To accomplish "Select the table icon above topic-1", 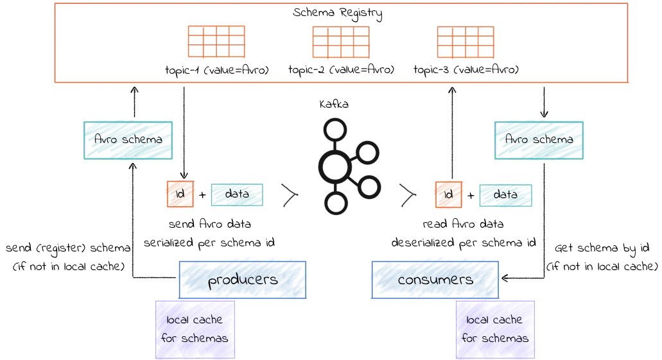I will [x=216, y=42].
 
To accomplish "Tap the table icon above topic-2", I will [x=341, y=42].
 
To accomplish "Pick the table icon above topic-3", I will [x=466, y=42].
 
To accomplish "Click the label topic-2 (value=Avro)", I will [x=341, y=69].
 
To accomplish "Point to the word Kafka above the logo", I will [x=334, y=104].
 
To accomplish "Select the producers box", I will [x=242, y=280].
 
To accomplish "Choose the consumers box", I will [x=435, y=280].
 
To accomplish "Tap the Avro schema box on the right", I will [x=539, y=140].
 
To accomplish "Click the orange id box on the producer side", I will [x=180, y=194].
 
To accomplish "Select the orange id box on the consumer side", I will [x=449, y=194].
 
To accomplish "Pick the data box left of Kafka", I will [x=237, y=194].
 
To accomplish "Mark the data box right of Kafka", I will [x=505, y=194].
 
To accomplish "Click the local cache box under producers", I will [x=195, y=329].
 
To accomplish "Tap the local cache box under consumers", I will [x=494, y=329].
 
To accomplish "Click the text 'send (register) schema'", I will [x=68, y=248].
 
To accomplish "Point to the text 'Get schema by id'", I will [x=602, y=248].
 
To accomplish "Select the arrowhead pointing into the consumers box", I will [x=505, y=279].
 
